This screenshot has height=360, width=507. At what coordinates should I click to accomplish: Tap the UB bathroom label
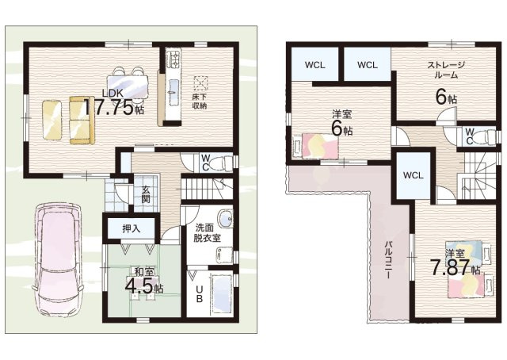point(199,293)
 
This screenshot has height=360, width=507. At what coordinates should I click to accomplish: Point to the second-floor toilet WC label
point(469,135)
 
